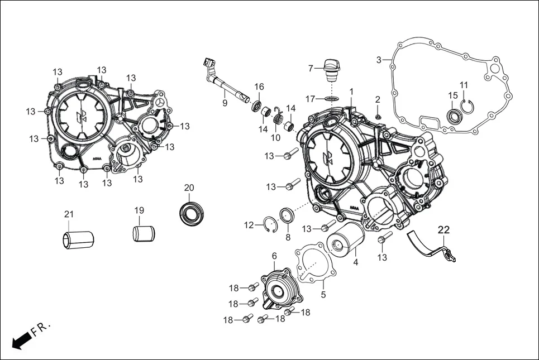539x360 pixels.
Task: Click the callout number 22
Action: pos(443,229)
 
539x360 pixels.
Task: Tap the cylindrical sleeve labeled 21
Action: pos(77,239)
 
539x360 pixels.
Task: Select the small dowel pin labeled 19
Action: pos(144,233)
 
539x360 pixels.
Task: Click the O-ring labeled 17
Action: pos(332,99)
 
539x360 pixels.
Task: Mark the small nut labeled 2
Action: pos(378,116)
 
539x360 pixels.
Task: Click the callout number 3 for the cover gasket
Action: pos(379,59)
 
